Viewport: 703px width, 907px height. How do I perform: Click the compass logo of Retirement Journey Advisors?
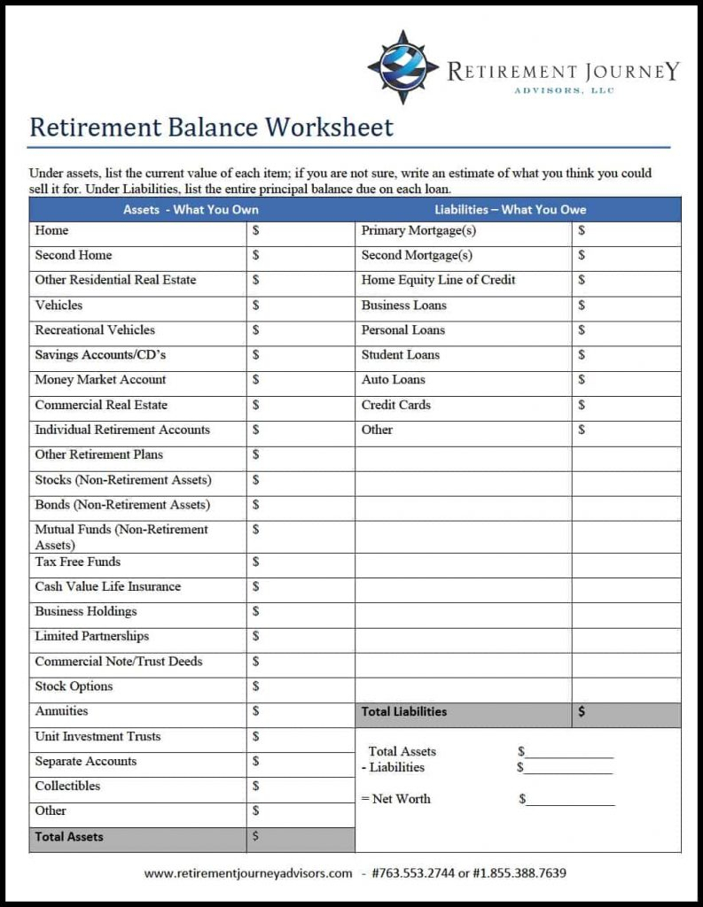(402, 67)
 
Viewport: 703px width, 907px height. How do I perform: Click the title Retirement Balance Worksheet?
(211, 127)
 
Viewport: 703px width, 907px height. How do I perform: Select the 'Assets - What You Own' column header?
(191, 210)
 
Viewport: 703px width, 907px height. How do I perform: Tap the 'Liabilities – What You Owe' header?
(510, 210)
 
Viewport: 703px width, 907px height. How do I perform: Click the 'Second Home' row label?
(74, 255)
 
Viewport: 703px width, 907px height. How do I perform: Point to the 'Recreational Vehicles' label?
(95, 329)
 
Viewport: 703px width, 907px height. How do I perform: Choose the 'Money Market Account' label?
(100, 379)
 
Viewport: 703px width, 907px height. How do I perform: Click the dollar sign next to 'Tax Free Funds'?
(256, 562)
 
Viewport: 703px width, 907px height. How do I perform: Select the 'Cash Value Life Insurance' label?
(107, 586)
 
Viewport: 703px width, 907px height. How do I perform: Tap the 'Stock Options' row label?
(74, 686)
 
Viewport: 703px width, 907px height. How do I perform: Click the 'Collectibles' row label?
(67, 786)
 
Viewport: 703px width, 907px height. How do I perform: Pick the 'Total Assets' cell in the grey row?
(69, 837)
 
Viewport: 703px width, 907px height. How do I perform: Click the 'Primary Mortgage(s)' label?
(418, 230)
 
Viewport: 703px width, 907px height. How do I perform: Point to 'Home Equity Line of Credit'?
(438, 280)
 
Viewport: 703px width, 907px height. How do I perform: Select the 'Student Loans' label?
(400, 354)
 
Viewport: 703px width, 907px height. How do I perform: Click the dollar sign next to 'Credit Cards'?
(582, 405)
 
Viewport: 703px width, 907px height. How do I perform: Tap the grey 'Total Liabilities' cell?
(404, 711)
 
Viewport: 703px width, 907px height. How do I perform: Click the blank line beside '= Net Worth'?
(570, 800)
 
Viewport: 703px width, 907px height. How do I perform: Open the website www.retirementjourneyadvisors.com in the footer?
(248, 873)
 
